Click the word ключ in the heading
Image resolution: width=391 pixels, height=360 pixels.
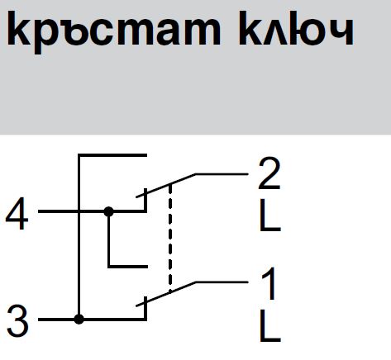pyautogui.click(x=297, y=28)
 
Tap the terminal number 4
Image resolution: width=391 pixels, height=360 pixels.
pyautogui.click(x=17, y=214)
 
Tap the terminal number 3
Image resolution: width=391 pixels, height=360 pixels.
pyautogui.click(x=17, y=321)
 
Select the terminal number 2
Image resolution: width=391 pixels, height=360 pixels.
pyautogui.click(x=269, y=173)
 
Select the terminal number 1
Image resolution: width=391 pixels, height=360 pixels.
pyautogui.click(x=269, y=283)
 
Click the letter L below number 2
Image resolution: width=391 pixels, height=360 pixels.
pyautogui.click(x=270, y=215)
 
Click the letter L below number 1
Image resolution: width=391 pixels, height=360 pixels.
pyautogui.click(x=270, y=325)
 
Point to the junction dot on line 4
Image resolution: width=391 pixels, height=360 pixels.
pyautogui.click(x=108, y=211)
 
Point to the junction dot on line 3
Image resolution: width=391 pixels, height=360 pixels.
pyautogui.click(x=79, y=320)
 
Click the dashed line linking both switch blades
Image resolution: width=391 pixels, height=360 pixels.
pyautogui.click(x=170, y=239)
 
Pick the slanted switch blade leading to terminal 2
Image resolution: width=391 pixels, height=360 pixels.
pyautogui.click(x=166, y=186)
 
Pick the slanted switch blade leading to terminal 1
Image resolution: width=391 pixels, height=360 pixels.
pyautogui.click(x=166, y=294)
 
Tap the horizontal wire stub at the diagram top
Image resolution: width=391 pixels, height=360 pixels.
pyautogui.click(x=112, y=155)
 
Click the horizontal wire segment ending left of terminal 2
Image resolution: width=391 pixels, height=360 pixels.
pyautogui.click(x=222, y=174)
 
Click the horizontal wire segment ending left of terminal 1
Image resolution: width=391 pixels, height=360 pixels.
pyautogui.click(x=222, y=282)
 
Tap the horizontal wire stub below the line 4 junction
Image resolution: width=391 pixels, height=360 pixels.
pyautogui.click(x=128, y=267)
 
